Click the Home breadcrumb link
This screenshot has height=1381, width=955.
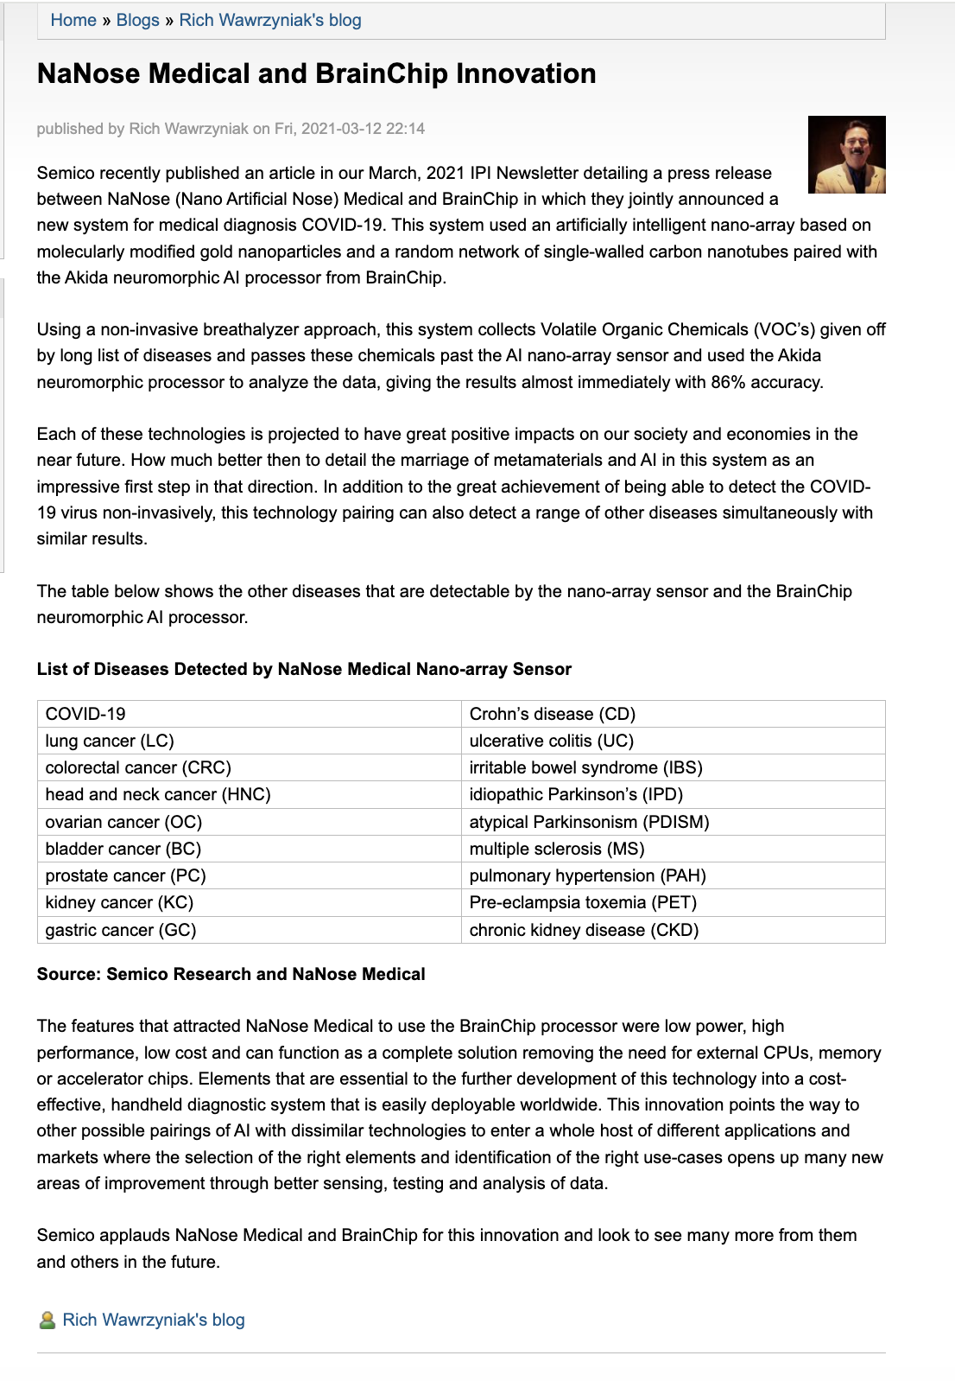73,20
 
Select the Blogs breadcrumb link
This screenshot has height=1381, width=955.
137,20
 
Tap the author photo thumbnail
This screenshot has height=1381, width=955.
846,155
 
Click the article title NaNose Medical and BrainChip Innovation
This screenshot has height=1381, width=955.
316,73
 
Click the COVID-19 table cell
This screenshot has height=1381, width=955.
85,714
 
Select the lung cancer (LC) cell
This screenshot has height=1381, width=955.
110,741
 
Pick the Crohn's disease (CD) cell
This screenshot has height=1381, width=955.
552,714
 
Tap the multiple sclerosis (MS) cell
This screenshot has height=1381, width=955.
556,849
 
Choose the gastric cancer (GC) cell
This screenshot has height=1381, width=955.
121,930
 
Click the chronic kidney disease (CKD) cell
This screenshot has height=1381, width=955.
584,930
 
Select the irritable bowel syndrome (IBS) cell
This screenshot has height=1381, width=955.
585,767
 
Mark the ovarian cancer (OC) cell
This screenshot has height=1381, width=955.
123,822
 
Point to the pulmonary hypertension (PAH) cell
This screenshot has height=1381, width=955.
587,875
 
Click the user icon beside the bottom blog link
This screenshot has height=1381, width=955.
47,1320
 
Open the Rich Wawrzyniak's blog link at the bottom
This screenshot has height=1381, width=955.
154,1320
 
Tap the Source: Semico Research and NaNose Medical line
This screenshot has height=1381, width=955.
231,974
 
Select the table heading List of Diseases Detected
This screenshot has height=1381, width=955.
304,669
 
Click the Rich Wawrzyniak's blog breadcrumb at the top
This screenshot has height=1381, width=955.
270,20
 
